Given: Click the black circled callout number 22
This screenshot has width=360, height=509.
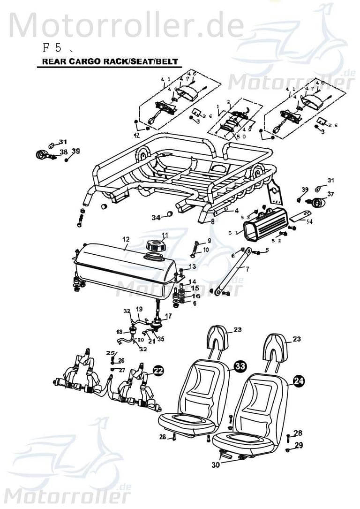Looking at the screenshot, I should click(158, 371).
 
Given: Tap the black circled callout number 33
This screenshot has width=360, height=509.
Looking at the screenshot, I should click(240, 367).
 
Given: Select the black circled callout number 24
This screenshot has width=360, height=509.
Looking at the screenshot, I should click(299, 381).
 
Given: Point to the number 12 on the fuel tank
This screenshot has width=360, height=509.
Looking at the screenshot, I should click(126, 239).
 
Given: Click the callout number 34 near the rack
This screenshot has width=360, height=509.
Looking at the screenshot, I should click(156, 217).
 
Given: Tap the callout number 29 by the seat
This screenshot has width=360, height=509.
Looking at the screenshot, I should click(299, 445).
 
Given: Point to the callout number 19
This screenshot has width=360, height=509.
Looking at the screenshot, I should click(139, 309).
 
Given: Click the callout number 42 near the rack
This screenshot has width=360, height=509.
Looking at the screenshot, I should click(136, 135).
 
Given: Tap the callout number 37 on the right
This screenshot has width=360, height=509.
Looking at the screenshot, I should click(331, 194).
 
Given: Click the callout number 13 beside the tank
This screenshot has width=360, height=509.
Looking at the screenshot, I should click(193, 266).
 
